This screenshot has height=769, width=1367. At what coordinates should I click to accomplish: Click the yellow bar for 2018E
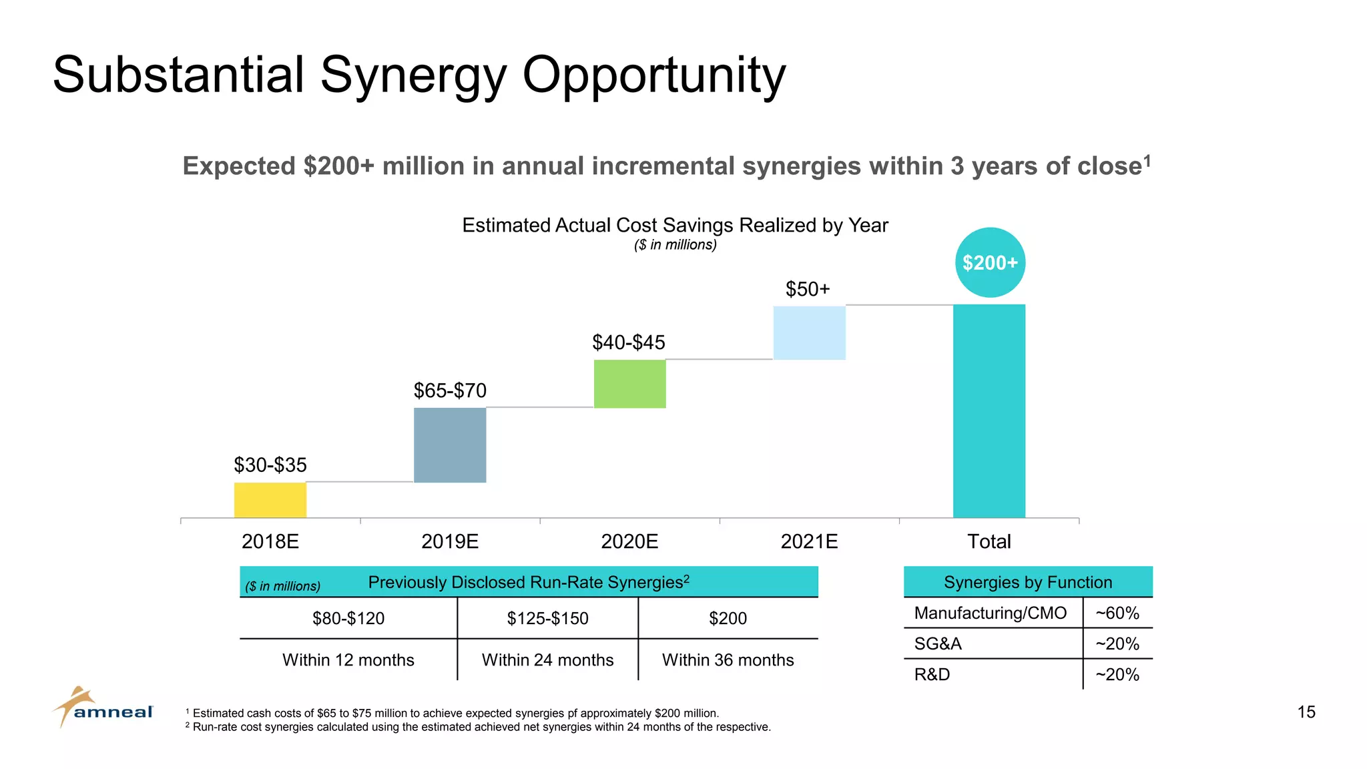pyautogui.click(x=270, y=499)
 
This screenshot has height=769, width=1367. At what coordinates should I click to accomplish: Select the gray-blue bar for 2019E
pyautogui.click(x=450, y=445)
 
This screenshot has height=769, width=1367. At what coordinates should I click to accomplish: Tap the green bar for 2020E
pyautogui.click(x=629, y=384)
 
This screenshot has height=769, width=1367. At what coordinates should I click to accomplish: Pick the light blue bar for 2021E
pyautogui.click(x=809, y=332)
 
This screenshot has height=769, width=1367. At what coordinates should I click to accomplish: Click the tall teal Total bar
pyautogui.click(x=989, y=411)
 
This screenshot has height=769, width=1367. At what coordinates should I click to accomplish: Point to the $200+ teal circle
pyautogui.click(x=990, y=262)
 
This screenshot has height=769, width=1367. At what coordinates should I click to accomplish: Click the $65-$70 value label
pyautogui.click(x=450, y=391)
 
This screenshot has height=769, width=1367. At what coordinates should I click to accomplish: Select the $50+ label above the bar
pyautogui.click(x=808, y=289)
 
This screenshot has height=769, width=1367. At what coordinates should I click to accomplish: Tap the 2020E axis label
pyautogui.click(x=629, y=541)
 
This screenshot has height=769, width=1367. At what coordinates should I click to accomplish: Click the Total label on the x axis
pyautogui.click(x=989, y=541)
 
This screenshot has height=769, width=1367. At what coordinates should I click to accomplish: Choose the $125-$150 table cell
pyautogui.click(x=547, y=618)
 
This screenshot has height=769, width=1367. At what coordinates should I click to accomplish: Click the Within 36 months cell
pyautogui.click(x=728, y=660)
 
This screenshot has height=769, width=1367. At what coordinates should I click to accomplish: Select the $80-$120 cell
pyautogui.click(x=348, y=618)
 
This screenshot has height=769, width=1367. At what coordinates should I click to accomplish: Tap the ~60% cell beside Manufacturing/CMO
pyautogui.click(x=1117, y=613)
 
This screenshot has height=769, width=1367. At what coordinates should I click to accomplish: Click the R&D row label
pyautogui.click(x=932, y=674)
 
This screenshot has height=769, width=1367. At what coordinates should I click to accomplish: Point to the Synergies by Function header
pyautogui.click(x=1028, y=582)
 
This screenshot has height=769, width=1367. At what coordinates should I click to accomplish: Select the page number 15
pyautogui.click(x=1306, y=712)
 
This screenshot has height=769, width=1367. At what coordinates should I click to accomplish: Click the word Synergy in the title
pyautogui.click(x=413, y=75)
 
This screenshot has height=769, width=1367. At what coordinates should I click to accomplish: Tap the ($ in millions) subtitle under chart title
pyautogui.click(x=675, y=245)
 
